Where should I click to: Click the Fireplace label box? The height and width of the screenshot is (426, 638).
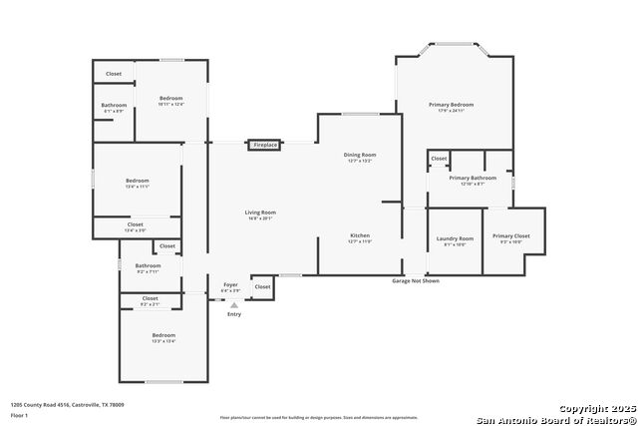265,145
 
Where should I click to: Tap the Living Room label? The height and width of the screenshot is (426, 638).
260,213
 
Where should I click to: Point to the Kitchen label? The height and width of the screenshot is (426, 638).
360,235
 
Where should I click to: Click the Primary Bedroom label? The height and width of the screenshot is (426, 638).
451,105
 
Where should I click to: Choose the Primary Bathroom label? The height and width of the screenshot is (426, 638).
472,179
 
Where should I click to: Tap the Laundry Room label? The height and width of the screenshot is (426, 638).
455,238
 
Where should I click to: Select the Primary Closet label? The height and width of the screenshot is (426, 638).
510,236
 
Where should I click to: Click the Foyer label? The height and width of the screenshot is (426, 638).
230,285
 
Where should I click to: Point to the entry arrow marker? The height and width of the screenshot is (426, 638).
234,304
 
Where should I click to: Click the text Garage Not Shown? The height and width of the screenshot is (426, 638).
415,281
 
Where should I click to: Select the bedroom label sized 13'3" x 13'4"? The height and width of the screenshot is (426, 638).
163,335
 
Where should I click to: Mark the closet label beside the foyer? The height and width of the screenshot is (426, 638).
262,286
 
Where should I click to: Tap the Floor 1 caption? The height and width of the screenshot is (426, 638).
20,415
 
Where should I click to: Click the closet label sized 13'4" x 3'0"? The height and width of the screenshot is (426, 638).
135,225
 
